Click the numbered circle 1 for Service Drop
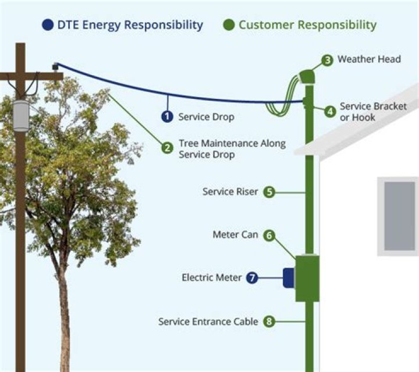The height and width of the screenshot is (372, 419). (x=168, y=116)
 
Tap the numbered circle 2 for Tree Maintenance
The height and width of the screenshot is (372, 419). (x=168, y=148)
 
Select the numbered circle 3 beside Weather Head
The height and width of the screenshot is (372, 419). (x=328, y=60)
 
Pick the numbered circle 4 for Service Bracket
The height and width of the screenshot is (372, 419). (x=330, y=111)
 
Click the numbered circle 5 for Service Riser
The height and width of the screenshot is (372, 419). (x=269, y=192)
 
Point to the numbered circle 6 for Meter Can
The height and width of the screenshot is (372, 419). (x=269, y=235)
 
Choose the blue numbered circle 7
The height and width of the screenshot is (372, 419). (x=252, y=278)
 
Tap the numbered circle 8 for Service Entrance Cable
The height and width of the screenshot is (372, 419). (x=269, y=321)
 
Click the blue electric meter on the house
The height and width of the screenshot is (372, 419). (x=289, y=278)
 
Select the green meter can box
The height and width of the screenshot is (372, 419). (x=307, y=278)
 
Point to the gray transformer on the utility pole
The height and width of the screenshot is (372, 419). (x=21, y=115)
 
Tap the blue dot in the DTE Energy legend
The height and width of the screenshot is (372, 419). (x=48, y=25)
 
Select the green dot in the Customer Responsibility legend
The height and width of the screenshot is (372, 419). (x=229, y=25)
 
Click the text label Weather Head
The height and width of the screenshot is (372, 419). (x=369, y=59)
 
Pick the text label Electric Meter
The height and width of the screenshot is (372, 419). (x=212, y=278)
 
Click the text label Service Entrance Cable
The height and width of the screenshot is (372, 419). (x=208, y=321)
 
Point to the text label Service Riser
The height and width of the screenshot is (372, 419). (x=230, y=192)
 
